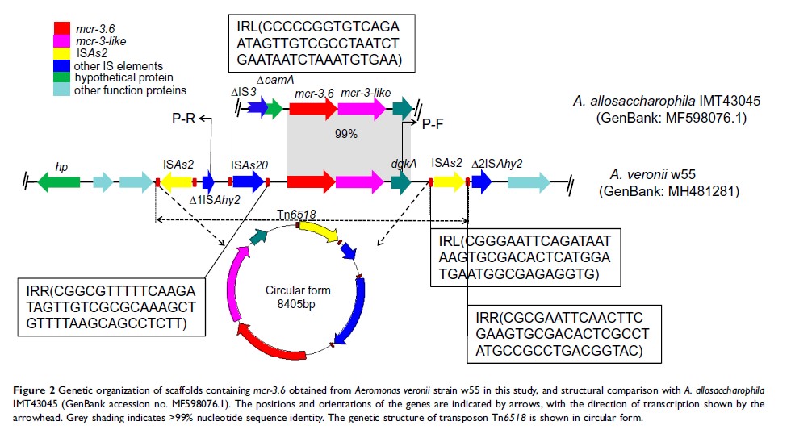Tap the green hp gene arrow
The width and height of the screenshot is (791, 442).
point(60,183)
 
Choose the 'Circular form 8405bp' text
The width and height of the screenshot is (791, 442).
point(298,296)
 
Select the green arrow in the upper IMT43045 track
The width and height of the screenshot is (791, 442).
point(275,107)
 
